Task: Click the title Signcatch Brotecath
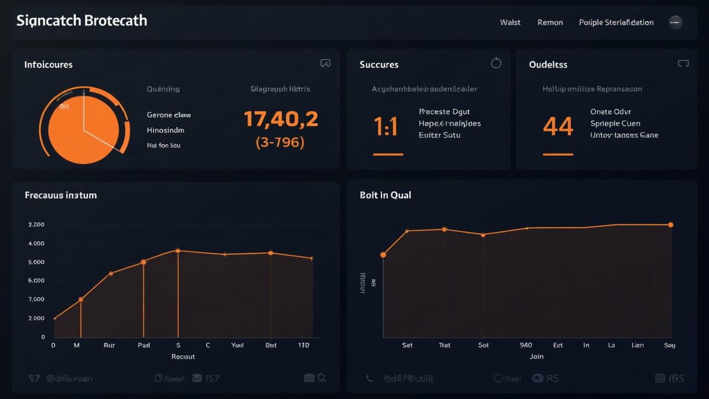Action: (x=81, y=21)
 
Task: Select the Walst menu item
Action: (x=510, y=23)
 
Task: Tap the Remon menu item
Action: (x=550, y=23)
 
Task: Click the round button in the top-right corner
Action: (x=675, y=22)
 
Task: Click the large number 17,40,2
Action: (x=281, y=119)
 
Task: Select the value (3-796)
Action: (x=280, y=142)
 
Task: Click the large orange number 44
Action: (x=558, y=127)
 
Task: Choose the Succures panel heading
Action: (x=379, y=65)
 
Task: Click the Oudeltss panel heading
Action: (x=548, y=65)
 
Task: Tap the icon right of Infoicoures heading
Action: (x=325, y=64)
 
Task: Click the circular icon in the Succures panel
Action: (x=496, y=63)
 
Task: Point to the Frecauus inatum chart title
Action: (x=60, y=195)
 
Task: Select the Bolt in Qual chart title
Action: (x=385, y=195)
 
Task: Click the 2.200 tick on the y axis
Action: (x=36, y=225)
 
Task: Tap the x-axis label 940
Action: (x=526, y=345)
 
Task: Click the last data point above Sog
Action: (x=670, y=225)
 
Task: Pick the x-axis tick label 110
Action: (x=304, y=345)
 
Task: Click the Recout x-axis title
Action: (x=183, y=357)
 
